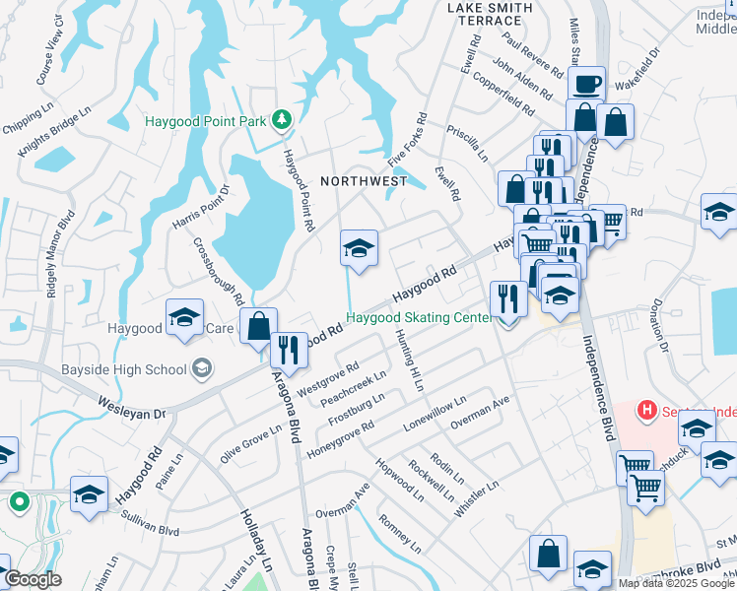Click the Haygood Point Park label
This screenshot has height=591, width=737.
point(205,122)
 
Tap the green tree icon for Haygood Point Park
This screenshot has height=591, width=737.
point(283,119)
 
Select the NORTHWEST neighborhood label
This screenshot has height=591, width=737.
point(364,181)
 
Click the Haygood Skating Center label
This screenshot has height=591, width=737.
point(418,318)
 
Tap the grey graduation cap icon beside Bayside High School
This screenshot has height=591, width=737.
point(202,368)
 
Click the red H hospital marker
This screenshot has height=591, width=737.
point(647,408)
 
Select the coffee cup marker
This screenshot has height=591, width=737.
point(586,84)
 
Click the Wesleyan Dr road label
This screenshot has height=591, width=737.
point(132,408)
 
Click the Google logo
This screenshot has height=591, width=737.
point(33,580)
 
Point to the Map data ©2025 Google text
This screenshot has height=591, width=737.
point(676,583)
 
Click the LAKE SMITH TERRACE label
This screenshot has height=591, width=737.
point(490,14)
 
